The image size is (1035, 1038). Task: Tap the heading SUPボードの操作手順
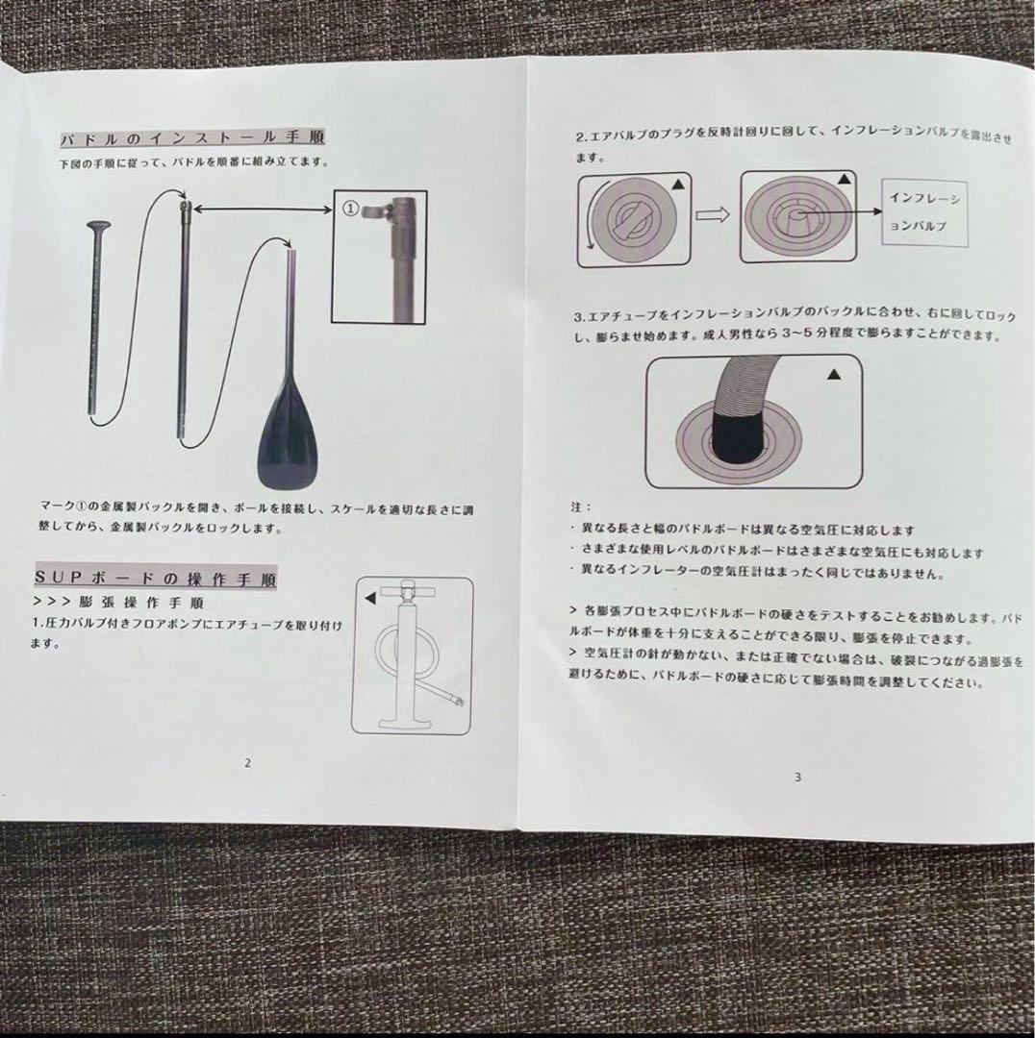tap(155, 580)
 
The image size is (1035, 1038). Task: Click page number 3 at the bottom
tap(797, 778)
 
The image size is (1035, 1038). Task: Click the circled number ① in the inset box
tap(351, 207)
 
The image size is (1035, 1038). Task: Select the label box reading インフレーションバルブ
tap(924, 214)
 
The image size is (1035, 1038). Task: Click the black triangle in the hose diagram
tap(834, 376)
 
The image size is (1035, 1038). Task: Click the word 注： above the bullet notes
tap(581, 507)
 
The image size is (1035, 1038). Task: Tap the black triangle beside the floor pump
tap(371, 598)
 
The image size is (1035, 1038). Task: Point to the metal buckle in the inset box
tap(392, 208)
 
